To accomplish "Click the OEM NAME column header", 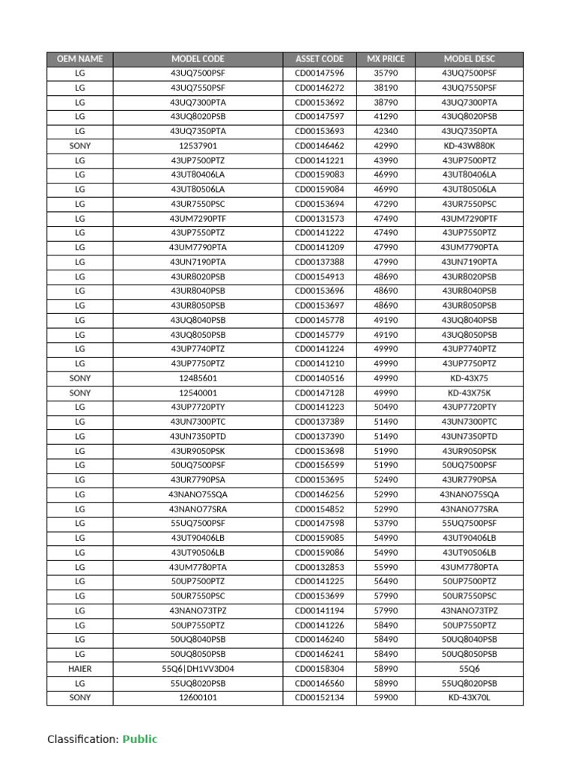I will click(x=80, y=58).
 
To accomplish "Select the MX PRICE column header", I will click(x=386, y=58).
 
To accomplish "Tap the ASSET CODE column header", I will click(x=320, y=58).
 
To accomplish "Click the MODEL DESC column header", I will click(x=469, y=58).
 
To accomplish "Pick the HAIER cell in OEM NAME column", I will click(x=80, y=669).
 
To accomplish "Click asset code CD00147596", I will click(x=320, y=73).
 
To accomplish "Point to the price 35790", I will click(x=386, y=73).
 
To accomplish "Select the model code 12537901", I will click(x=198, y=146).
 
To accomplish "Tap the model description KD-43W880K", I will click(x=469, y=146).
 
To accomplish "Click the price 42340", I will click(x=386, y=132).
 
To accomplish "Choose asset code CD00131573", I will click(x=320, y=219).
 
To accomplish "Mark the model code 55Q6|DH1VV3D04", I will click(x=198, y=669).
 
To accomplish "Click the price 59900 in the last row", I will click(x=386, y=698).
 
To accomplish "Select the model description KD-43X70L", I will click(x=469, y=698).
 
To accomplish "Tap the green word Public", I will click(x=140, y=739).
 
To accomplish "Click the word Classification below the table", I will click(x=81, y=739).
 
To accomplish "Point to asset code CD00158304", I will click(x=320, y=669).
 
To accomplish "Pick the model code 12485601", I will click(x=198, y=378).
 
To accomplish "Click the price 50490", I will click(x=386, y=407).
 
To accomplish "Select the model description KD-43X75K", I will click(x=469, y=392).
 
